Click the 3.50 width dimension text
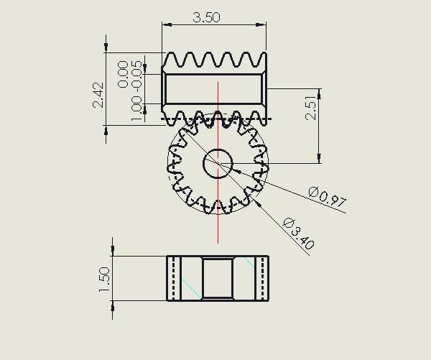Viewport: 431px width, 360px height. click(x=206, y=17)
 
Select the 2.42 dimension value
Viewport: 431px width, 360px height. click(x=98, y=94)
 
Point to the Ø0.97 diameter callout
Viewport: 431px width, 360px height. click(x=327, y=196)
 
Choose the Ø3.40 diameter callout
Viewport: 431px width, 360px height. click(x=298, y=233)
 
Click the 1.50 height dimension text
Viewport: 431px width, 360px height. click(x=105, y=280)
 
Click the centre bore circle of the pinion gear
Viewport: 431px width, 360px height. click(x=217, y=164)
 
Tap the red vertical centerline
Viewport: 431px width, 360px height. click(x=218, y=216)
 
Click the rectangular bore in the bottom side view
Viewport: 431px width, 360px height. click(x=217, y=278)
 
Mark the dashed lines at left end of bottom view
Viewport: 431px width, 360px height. click(x=173, y=278)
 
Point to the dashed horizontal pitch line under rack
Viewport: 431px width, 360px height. click(x=215, y=119)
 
